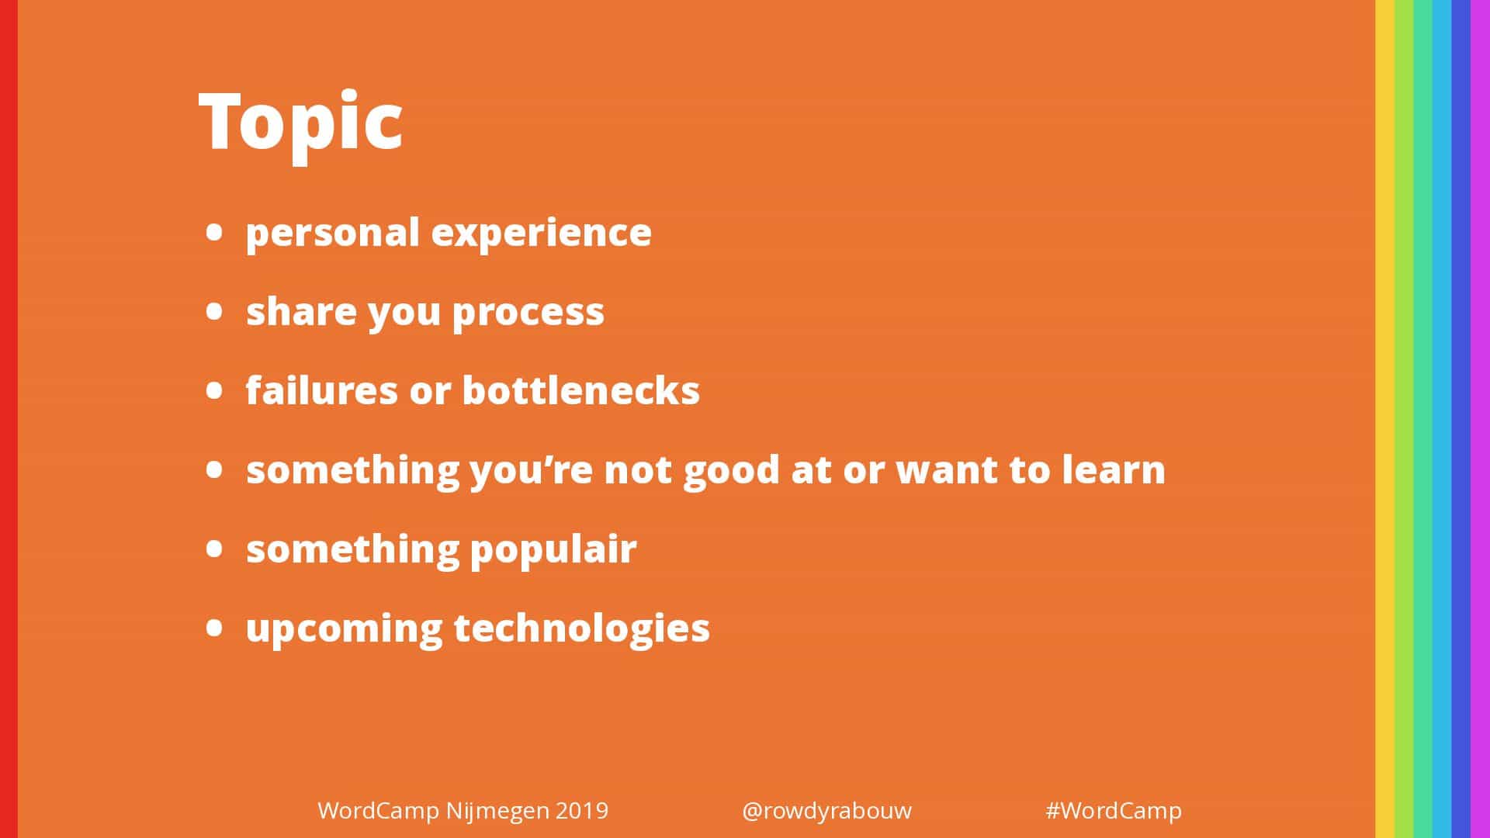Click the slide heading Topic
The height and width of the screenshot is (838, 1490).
pos(301,123)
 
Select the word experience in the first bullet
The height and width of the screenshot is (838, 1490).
pos(542,234)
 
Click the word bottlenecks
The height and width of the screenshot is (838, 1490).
pos(581,390)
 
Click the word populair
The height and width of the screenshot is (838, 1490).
pos(553,550)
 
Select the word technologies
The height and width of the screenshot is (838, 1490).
pos(582,628)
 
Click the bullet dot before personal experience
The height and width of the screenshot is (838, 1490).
pos(215,233)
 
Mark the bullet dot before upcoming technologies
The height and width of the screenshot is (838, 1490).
pos(215,628)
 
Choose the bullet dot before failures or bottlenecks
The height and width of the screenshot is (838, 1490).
pos(215,390)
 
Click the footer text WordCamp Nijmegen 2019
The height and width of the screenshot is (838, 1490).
pos(463,811)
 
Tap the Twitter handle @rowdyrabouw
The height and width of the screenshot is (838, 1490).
pos(826,811)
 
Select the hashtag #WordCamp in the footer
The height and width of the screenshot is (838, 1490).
pos(1114,811)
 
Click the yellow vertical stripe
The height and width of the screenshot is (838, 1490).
pos(1384,419)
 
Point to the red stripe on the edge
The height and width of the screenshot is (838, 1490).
pos(9,419)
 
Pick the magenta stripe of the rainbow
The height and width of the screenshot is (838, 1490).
pos(1481,419)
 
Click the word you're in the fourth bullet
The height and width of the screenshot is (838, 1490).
pos(532,470)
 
